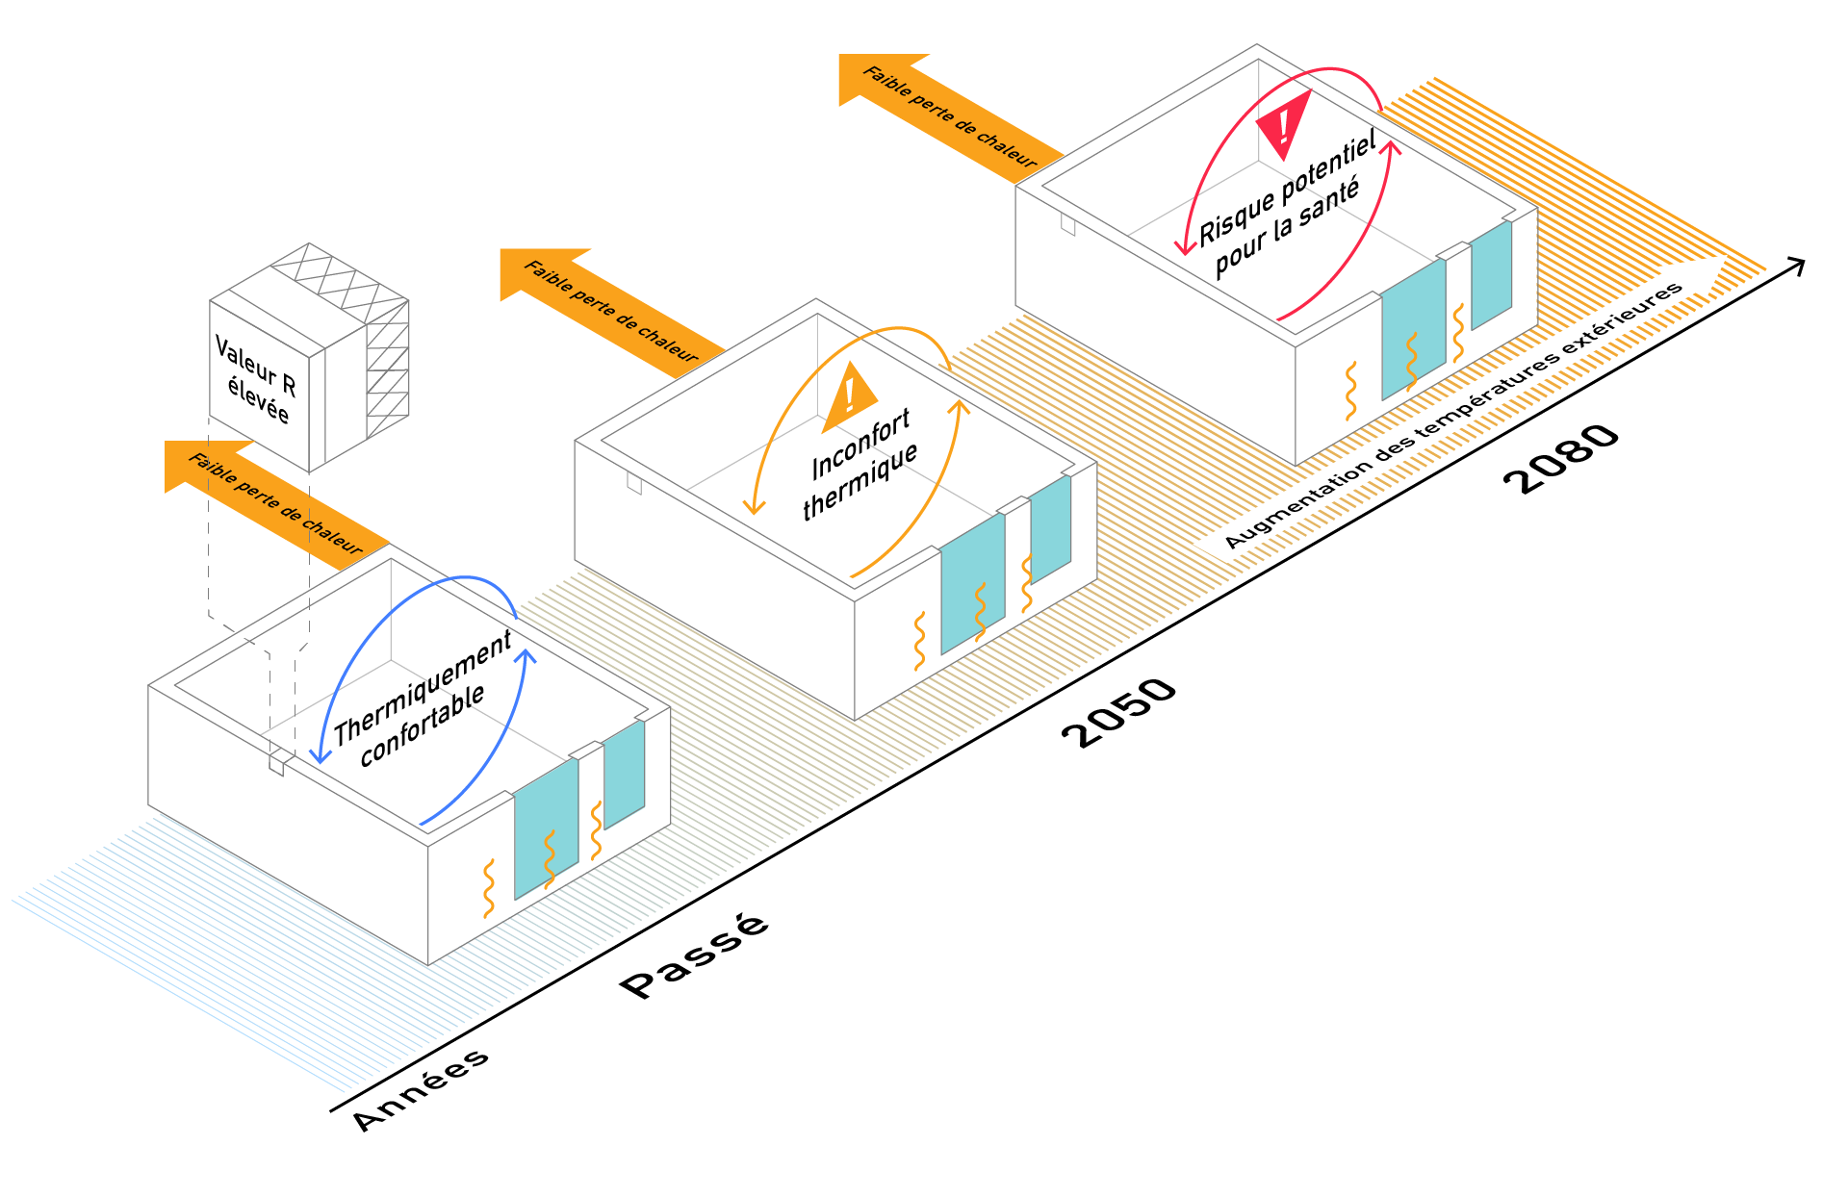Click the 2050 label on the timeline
pos(1119,712)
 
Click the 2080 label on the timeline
pos(1561,458)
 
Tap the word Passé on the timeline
pos(694,955)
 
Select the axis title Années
pos(421,1089)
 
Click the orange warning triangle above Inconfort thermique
pos(849,397)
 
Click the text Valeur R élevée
pos(256,379)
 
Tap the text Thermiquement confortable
pos(422,700)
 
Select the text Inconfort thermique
pos(860,465)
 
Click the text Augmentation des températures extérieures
pos(1453,416)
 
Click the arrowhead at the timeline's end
pos(1796,266)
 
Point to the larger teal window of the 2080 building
pos(1413,328)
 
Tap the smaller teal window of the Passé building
pos(624,774)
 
